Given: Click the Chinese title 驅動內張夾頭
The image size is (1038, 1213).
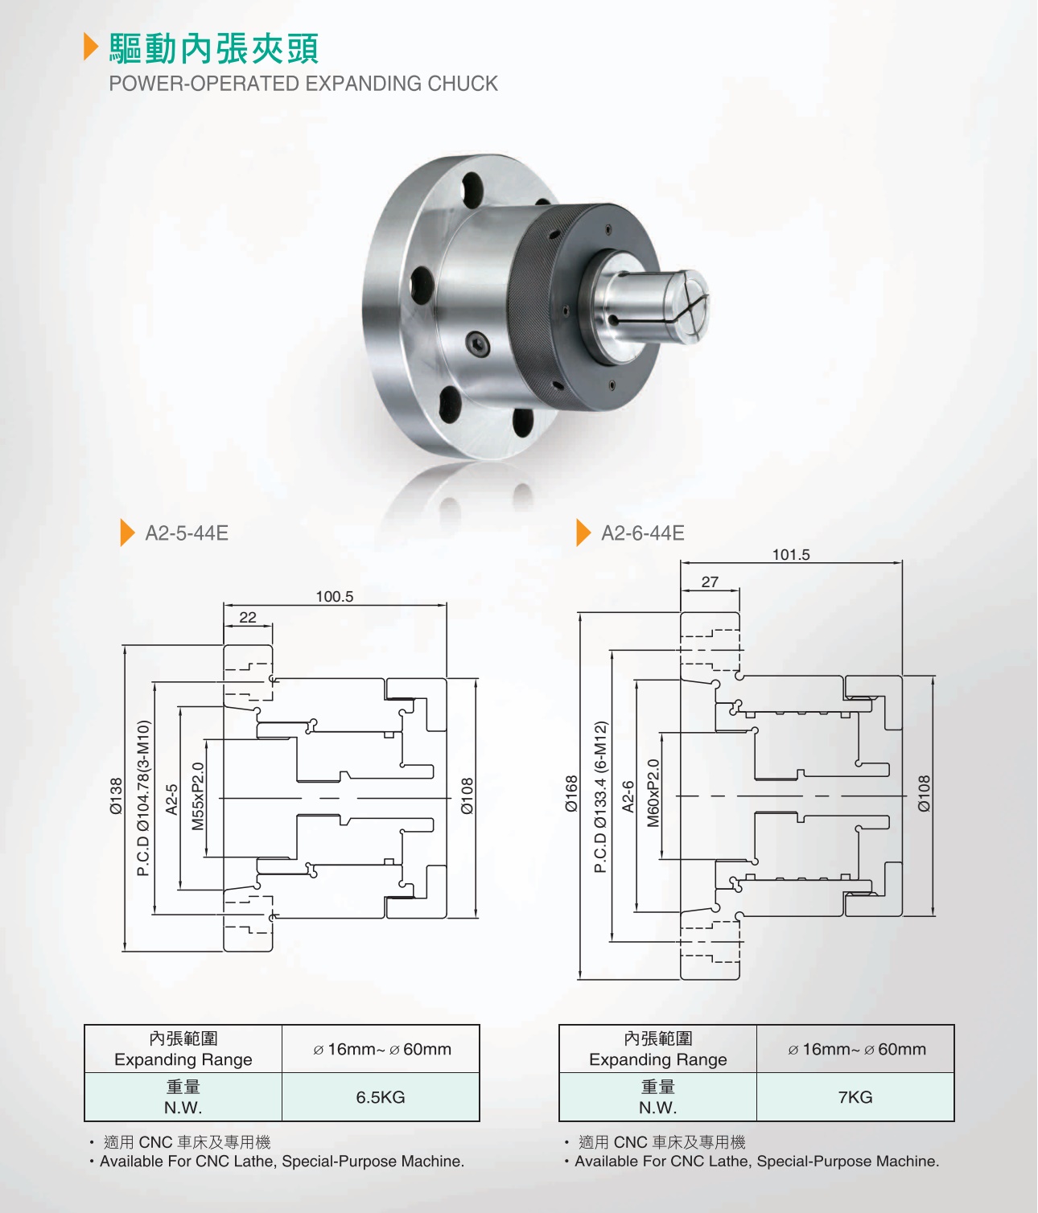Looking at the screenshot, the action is coord(214,48).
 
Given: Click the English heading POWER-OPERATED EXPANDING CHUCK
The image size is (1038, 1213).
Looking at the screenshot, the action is coord(303,84).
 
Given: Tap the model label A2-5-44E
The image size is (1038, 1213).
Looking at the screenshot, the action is coord(187,532).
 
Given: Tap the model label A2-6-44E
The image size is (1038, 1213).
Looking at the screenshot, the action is coord(643,532).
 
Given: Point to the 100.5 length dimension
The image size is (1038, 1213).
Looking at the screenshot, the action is coord(335,597).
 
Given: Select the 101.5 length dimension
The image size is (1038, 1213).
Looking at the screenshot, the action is coord(791,554).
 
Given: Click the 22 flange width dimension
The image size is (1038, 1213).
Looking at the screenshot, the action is coord(248,617).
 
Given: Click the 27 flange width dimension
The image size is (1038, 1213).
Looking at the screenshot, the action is coord(710,582).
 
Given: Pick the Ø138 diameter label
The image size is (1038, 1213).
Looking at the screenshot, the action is coord(116,796).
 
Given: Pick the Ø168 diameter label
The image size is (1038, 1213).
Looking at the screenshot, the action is coord(571,794).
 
